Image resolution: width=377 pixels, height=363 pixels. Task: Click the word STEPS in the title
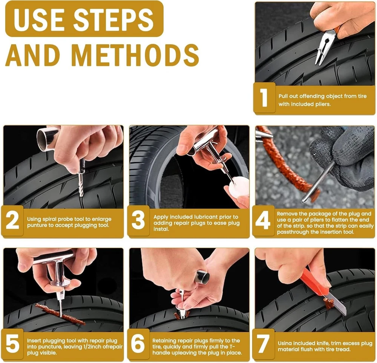(113, 19)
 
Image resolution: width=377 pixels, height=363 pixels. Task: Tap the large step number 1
(264, 97)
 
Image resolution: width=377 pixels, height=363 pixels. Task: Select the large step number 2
(12, 220)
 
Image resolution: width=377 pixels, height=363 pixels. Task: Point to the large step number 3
(138, 220)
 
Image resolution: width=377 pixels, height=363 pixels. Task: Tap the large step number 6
(138, 343)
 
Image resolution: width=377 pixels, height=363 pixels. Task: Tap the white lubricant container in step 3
(239, 188)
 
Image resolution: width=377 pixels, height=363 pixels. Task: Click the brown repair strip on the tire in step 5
(60, 314)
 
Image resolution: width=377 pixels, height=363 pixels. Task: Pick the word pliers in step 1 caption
(322, 104)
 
